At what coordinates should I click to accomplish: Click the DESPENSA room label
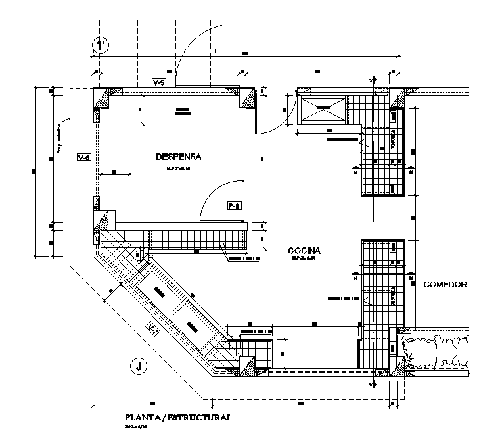point(178,157)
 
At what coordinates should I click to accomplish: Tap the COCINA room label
point(304,251)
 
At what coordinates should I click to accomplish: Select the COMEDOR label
point(445,285)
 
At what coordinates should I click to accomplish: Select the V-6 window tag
point(83,158)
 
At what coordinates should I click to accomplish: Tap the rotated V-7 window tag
point(152,331)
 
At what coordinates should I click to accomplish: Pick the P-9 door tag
point(235,205)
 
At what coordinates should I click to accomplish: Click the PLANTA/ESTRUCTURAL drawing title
point(178,417)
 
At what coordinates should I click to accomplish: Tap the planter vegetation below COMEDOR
point(437,352)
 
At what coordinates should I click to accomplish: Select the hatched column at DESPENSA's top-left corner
point(104,99)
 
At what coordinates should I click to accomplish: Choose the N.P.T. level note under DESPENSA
point(177,170)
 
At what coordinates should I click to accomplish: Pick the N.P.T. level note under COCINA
point(304,259)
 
